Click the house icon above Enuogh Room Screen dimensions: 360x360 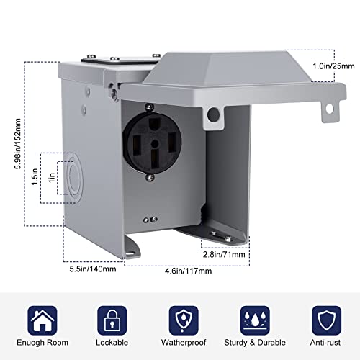point(42,318)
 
